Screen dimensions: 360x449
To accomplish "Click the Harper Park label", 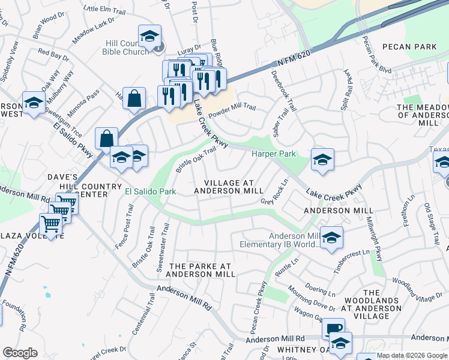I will [273, 154].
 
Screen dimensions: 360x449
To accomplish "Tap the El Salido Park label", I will [150, 191].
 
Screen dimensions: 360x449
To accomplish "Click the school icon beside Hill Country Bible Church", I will [149, 37].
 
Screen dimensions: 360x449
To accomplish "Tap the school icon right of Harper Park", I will [322, 160].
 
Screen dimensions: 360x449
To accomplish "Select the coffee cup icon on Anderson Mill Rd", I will [333, 329].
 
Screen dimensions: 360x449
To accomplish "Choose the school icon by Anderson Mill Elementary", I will [331, 238].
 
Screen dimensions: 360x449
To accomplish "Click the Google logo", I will [20, 353].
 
